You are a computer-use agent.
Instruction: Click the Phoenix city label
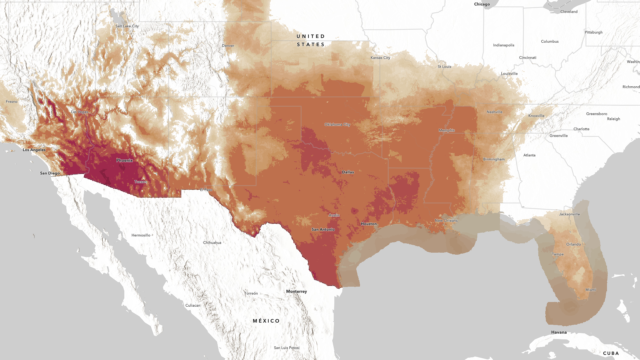tap(125, 159)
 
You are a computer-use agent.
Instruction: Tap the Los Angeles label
tap(35, 148)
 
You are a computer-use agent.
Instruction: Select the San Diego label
tap(49, 174)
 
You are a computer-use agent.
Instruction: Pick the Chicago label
tap(483, 5)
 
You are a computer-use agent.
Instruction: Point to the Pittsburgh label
tap(594, 32)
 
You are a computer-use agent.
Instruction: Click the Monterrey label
tap(296, 290)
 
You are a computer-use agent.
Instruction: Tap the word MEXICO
tap(266, 320)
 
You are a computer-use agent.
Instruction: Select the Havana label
tap(558, 332)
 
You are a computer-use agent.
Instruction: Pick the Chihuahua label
tap(212, 242)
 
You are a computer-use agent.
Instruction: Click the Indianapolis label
tap(504, 45)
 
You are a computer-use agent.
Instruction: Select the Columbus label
tap(550, 41)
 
